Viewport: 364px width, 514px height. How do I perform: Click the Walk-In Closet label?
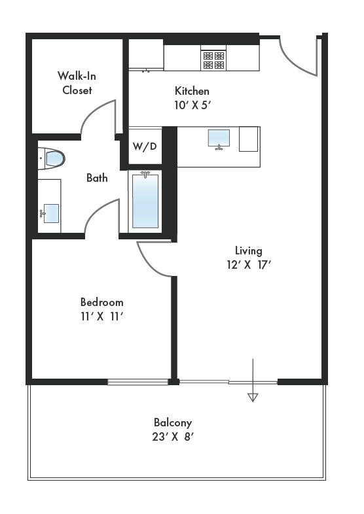coord(77,83)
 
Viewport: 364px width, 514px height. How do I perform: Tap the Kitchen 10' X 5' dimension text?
coord(192,103)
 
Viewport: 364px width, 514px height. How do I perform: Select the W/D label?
coord(145,146)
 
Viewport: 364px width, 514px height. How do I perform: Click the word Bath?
coord(97,178)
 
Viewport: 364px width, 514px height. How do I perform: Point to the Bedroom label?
coord(101,302)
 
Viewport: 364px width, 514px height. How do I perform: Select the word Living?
coord(248,250)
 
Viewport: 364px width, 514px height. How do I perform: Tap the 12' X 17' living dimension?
coord(248,265)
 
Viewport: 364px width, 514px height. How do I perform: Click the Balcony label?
coord(173,422)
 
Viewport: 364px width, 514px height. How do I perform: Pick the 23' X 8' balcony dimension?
coord(173,437)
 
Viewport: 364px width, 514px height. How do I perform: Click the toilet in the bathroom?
coord(52,158)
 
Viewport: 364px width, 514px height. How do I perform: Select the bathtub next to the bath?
coord(145,199)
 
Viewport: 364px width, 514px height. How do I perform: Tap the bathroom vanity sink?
coord(50,213)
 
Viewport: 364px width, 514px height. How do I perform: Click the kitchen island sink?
coord(219,139)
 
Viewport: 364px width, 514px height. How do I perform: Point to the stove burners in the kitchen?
coord(213,61)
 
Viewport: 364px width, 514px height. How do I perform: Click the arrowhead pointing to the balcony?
coord(253,396)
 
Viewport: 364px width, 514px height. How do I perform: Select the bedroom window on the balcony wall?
coord(137,382)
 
